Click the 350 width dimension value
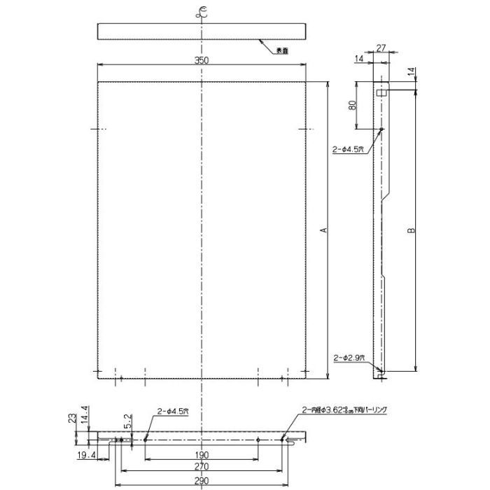(x=202, y=60)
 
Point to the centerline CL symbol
(x=202, y=10)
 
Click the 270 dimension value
(x=202, y=466)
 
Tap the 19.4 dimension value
(x=88, y=456)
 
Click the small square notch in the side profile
(x=382, y=92)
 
